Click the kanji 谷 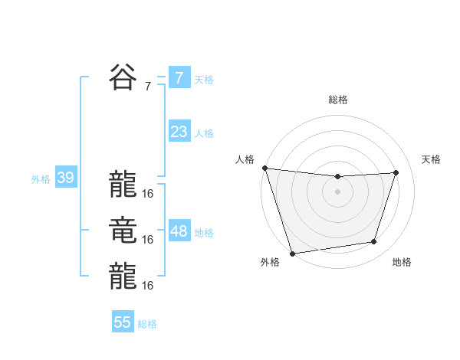123,77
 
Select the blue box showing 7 179,77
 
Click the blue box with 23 179,132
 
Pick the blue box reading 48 179,231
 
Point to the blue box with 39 65,178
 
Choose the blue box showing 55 123,322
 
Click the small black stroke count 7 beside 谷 147,87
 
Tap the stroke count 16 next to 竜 148,240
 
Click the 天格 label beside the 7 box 204,80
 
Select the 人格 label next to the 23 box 204,133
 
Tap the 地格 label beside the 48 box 204,233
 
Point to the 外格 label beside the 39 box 41,180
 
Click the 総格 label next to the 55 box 147,325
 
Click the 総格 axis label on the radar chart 337,100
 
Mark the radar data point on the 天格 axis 396,172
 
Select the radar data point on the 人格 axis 264,168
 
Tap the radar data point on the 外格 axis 292,254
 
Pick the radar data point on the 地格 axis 374,242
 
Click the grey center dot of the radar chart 337,191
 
